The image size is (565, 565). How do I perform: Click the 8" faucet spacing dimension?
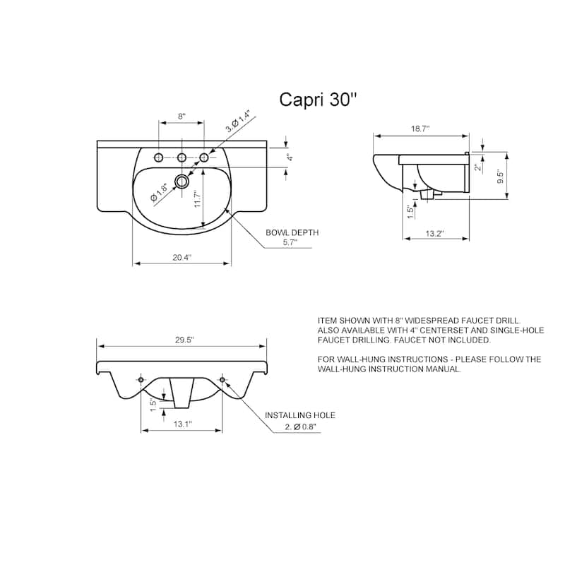[182, 117]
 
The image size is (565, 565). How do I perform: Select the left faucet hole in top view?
[159, 157]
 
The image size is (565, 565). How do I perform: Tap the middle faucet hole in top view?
[182, 157]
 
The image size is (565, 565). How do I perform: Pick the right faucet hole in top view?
[204, 157]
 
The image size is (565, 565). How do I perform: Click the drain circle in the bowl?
[182, 181]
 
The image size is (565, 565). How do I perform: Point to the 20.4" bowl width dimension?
[182, 258]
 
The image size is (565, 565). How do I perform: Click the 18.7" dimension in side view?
[420, 129]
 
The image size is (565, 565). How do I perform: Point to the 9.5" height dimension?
[500, 177]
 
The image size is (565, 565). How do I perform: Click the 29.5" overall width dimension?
[182, 340]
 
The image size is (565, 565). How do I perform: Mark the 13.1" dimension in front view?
[182, 424]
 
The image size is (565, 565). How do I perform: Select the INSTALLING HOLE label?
[299, 415]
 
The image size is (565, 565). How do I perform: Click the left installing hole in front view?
[141, 381]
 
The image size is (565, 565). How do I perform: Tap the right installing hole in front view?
[222, 381]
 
